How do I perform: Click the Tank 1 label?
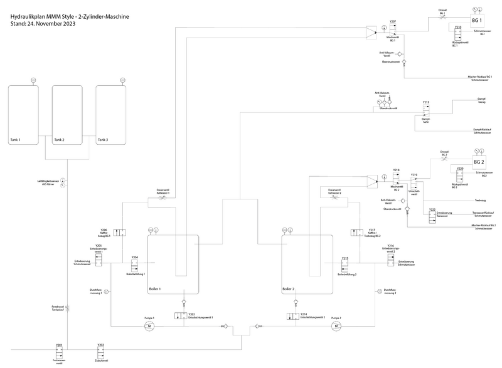pyautogui.click(x=16, y=140)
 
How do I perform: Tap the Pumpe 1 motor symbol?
pyautogui.click(x=149, y=326)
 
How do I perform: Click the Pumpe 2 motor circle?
pyautogui.click(x=336, y=326)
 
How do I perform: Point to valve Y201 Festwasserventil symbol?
pyautogui.click(x=59, y=354)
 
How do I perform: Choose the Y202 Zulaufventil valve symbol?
pyautogui.click(x=100, y=354)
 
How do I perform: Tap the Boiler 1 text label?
pyautogui.click(x=156, y=288)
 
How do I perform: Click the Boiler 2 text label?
pyautogui.click(x=289, y=288)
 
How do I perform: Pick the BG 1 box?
pyautogui.click(x=476, y=20)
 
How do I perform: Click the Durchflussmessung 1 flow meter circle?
pyautogui.click(x=107, y=292)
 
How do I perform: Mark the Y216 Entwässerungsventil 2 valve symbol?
pyautogui.click(x=390, y=257)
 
